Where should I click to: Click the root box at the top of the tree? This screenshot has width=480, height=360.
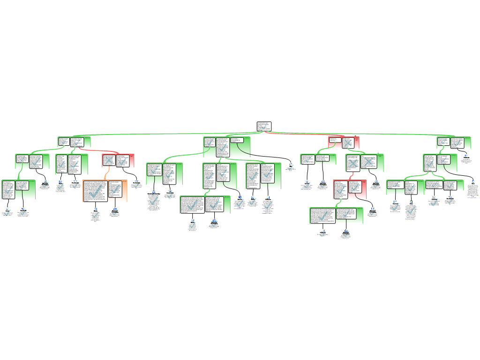pos(264,126)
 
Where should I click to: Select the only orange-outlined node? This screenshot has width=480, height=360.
pos(105,191)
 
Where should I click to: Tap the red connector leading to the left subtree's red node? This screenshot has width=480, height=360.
pos(94,151)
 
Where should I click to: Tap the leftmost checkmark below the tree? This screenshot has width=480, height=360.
pos(7,213)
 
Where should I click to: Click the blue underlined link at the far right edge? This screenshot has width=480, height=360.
pos(472,198)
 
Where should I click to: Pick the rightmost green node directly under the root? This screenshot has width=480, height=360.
pos(453,142)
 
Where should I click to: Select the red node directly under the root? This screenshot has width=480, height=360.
pos(344,142)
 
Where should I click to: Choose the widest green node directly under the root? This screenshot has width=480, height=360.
pos(227,147)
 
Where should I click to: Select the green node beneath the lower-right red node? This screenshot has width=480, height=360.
pos(336,216)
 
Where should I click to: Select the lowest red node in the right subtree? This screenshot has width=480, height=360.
pos(350,189)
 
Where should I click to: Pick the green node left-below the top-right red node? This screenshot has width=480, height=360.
pos(318,159)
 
